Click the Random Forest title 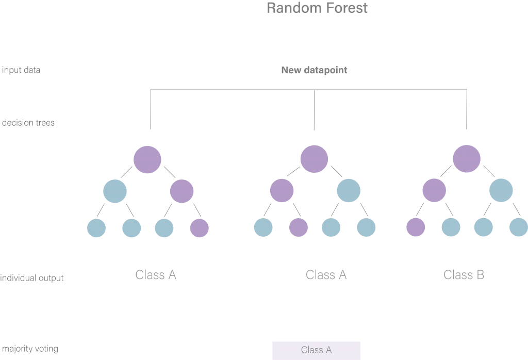coord(317,8)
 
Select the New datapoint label coord(314,70)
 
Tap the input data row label coord(21,70)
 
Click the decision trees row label coord(28,123)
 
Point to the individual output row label coord(32,278)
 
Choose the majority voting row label coord(30,349)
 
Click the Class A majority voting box coord(316,350)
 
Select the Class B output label coord(464,275)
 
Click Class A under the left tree coord(156,275)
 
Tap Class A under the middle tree coord(326,275)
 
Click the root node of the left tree coord(147,159)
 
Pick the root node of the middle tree coord(314,159)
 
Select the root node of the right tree coord(467,159)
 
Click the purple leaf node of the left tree coord(200,228)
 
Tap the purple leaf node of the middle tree coord(298,227)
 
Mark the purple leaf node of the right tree coord(416,227)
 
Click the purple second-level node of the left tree coord(181,191)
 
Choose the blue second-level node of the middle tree coord(349,191)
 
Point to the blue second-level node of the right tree coord(501,191)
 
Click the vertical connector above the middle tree coord(314,110)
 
